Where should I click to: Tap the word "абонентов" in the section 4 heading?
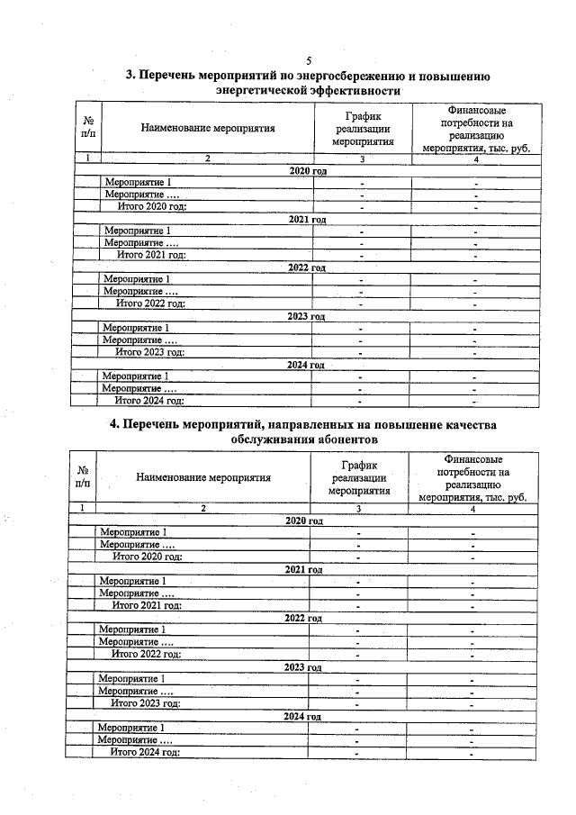click(x=341, y=439)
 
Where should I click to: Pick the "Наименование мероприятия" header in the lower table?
click(x=203, y=477)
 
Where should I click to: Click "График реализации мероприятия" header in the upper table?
click(x=363, y=128)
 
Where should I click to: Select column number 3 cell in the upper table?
click(x=362, y=159)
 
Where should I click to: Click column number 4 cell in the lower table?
click(x=472, y=509)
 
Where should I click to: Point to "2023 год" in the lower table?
click(x=303, y=667)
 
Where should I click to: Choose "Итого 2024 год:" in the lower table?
click(x=145, y=752)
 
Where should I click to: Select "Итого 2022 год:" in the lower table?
click(x=146, y=654)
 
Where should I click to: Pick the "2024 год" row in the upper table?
click(x=306, y=365)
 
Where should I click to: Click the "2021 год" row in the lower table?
click(x=303, y=569)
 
